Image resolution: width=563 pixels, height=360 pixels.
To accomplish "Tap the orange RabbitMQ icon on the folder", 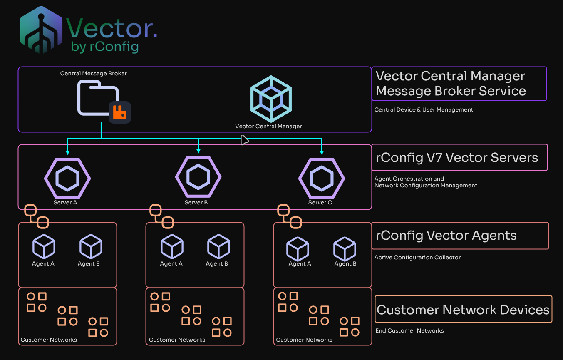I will (120, 112).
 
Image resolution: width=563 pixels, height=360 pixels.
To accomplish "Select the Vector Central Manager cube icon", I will (271, 99).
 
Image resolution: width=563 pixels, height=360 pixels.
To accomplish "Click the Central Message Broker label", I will (94, 74).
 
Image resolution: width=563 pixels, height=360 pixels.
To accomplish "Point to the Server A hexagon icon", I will (67, 178).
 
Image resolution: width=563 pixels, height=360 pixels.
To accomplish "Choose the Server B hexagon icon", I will (198, 177).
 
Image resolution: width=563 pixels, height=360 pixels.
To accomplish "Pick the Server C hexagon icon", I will (321, 178).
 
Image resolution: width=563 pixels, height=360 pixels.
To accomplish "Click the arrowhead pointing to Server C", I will (321, 152).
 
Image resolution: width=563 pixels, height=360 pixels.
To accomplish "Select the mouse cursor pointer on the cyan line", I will (244, 140).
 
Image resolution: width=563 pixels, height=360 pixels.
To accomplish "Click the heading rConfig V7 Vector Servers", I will (456, 158).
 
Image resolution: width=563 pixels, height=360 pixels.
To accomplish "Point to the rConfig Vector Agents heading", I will (446, 236).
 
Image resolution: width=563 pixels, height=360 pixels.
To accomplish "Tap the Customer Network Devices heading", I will (463, 310).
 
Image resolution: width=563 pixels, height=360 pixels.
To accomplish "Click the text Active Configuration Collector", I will (417, 258).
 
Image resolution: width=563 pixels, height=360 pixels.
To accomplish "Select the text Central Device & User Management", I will (424, 110).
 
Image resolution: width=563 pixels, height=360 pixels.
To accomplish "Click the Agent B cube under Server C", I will (345, 249).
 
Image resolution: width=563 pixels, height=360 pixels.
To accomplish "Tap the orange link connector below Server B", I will (161, 216).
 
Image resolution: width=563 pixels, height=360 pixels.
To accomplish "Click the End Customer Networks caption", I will (409, 331).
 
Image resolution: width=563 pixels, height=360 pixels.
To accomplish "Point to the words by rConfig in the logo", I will (104, 47).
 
